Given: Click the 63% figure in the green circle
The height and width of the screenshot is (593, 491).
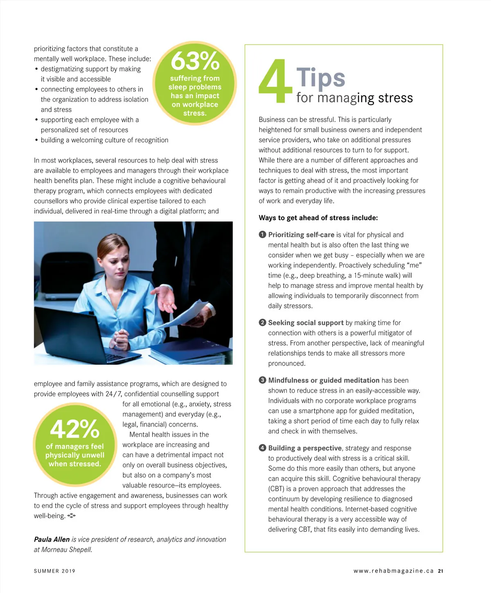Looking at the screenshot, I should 195,61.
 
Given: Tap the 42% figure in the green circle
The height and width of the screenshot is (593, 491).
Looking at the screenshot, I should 74,429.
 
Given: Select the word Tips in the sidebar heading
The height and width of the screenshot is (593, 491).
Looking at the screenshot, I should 321,77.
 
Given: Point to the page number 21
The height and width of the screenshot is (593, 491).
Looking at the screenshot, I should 440,571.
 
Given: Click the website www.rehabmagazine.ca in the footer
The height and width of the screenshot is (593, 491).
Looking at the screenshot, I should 393,571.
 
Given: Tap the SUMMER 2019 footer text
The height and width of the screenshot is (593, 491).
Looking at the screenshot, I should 55,571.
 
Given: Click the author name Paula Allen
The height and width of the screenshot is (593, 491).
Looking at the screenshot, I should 52,539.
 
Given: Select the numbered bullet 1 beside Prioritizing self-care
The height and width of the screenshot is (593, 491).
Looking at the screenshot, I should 262,235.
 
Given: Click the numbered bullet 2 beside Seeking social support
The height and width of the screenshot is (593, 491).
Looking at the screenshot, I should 262,323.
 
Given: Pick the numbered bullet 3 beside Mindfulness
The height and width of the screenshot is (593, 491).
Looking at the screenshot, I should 262,380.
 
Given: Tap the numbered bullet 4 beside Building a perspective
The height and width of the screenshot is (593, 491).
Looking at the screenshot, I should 262,448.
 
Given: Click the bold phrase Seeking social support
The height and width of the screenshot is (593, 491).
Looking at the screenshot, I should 306,323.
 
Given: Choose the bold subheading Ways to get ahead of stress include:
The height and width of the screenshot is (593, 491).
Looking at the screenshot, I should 318,218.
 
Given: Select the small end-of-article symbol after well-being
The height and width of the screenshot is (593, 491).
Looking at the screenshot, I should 72,516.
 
